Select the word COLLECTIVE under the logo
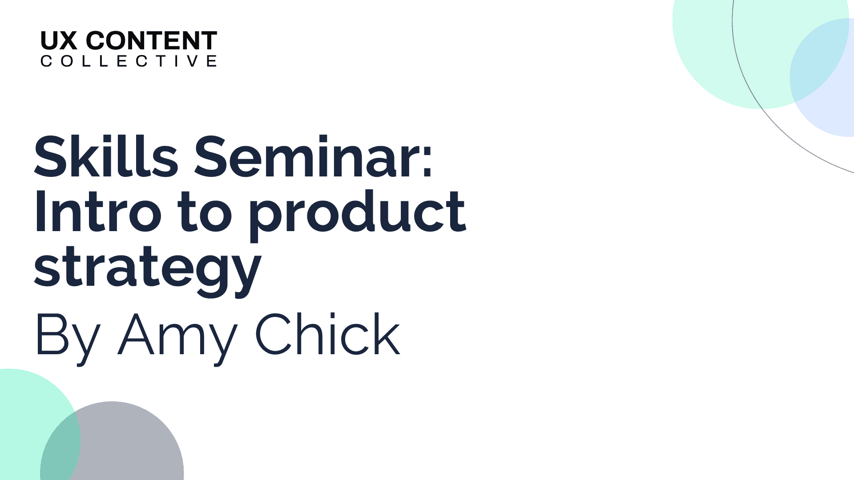tap(129, 61)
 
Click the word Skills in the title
tap(106, 156)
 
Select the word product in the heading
tap(358, 215)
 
